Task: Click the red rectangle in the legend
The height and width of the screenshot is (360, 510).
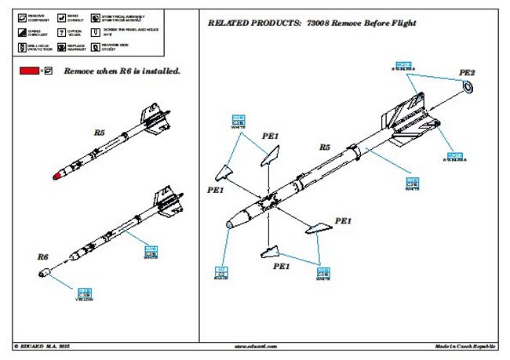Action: tap(29, 71)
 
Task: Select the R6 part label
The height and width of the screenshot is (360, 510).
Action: tap(43, 256)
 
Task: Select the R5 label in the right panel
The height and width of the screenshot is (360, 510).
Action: tap(325, 147)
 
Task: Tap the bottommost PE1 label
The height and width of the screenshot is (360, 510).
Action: tap(282, 267)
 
